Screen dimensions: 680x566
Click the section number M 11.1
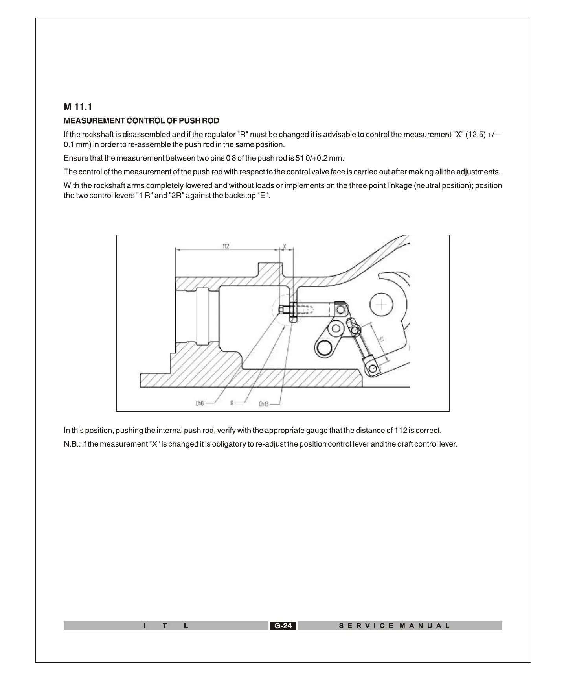pos(78,107)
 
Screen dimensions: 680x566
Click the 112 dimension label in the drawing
pos(226,246)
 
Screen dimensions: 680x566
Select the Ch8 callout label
pos(200,403)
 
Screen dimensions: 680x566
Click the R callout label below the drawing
pos(232,403)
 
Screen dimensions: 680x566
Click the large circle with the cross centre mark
pos(381,304)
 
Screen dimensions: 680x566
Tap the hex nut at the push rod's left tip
pos(281,309)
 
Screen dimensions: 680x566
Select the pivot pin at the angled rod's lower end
pos(372,368)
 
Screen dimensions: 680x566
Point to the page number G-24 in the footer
pos(283,626)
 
